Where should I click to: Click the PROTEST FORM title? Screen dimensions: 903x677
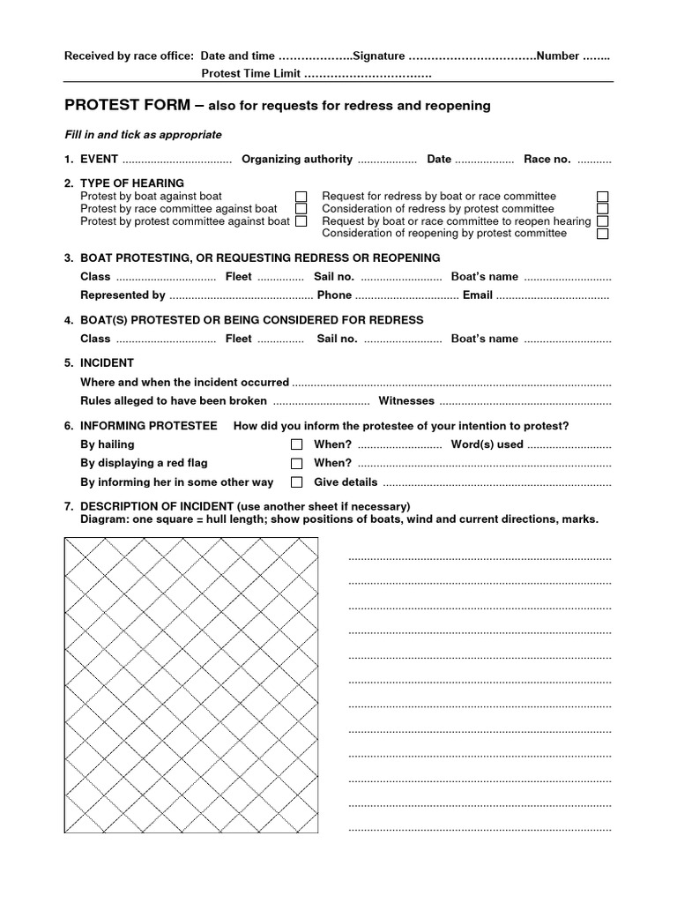click(127, 106)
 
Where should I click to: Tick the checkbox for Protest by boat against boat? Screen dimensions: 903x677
click(301, 197)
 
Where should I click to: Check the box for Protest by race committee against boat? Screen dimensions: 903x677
click(301, 209)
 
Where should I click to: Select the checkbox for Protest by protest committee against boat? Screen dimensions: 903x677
click(301, 221)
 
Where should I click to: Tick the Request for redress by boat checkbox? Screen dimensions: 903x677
click(603, 197)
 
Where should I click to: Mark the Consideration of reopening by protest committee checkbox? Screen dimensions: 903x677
click(603, 234)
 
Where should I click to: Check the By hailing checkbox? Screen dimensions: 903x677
click(297, 444)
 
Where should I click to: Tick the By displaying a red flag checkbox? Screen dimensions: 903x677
click(297, 463)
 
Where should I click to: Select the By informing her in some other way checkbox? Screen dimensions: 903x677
click(297, 482)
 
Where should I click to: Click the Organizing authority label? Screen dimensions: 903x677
click(297, 160)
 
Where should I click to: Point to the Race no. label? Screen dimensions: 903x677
click(547, 160)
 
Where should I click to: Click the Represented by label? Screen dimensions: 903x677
click(123, 295)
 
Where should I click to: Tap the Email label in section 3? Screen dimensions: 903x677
click(477, 295)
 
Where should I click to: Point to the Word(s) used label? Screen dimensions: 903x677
click(487, 444)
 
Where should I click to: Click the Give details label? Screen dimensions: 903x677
click(346, 482)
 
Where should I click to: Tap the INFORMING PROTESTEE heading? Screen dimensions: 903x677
click(148, 426)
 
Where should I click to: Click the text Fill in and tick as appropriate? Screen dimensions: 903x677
click(144, 135)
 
